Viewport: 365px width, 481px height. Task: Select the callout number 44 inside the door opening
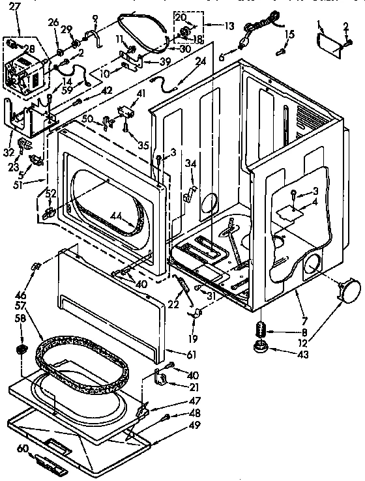click(x=117, y=216)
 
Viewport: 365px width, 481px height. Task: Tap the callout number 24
click(x=201, y=63)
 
